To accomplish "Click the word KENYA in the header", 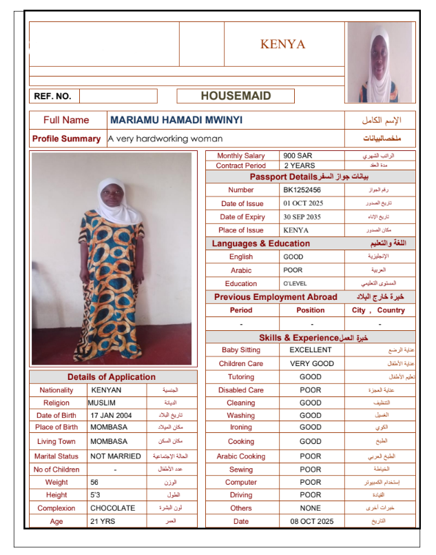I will click(282, 44).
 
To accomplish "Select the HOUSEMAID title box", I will click(236, 96).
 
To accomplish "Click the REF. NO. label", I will click(52, 97).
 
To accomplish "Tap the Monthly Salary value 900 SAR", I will click(298, 156).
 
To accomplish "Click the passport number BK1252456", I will click(302, 190).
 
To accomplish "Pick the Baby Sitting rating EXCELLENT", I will click(310, 350).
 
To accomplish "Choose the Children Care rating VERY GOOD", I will click(311, 363).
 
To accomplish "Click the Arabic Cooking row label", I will click(240, 456).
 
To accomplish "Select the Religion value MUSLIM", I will click(101, 403).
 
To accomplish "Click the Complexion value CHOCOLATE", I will click(112, 508).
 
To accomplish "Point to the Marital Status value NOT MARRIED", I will click(115, 456).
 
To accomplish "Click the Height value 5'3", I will click(96, 495).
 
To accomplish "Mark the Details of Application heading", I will click(111, 377).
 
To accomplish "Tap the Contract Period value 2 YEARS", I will click(300, 165).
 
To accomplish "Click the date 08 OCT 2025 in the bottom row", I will click(311, 521).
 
